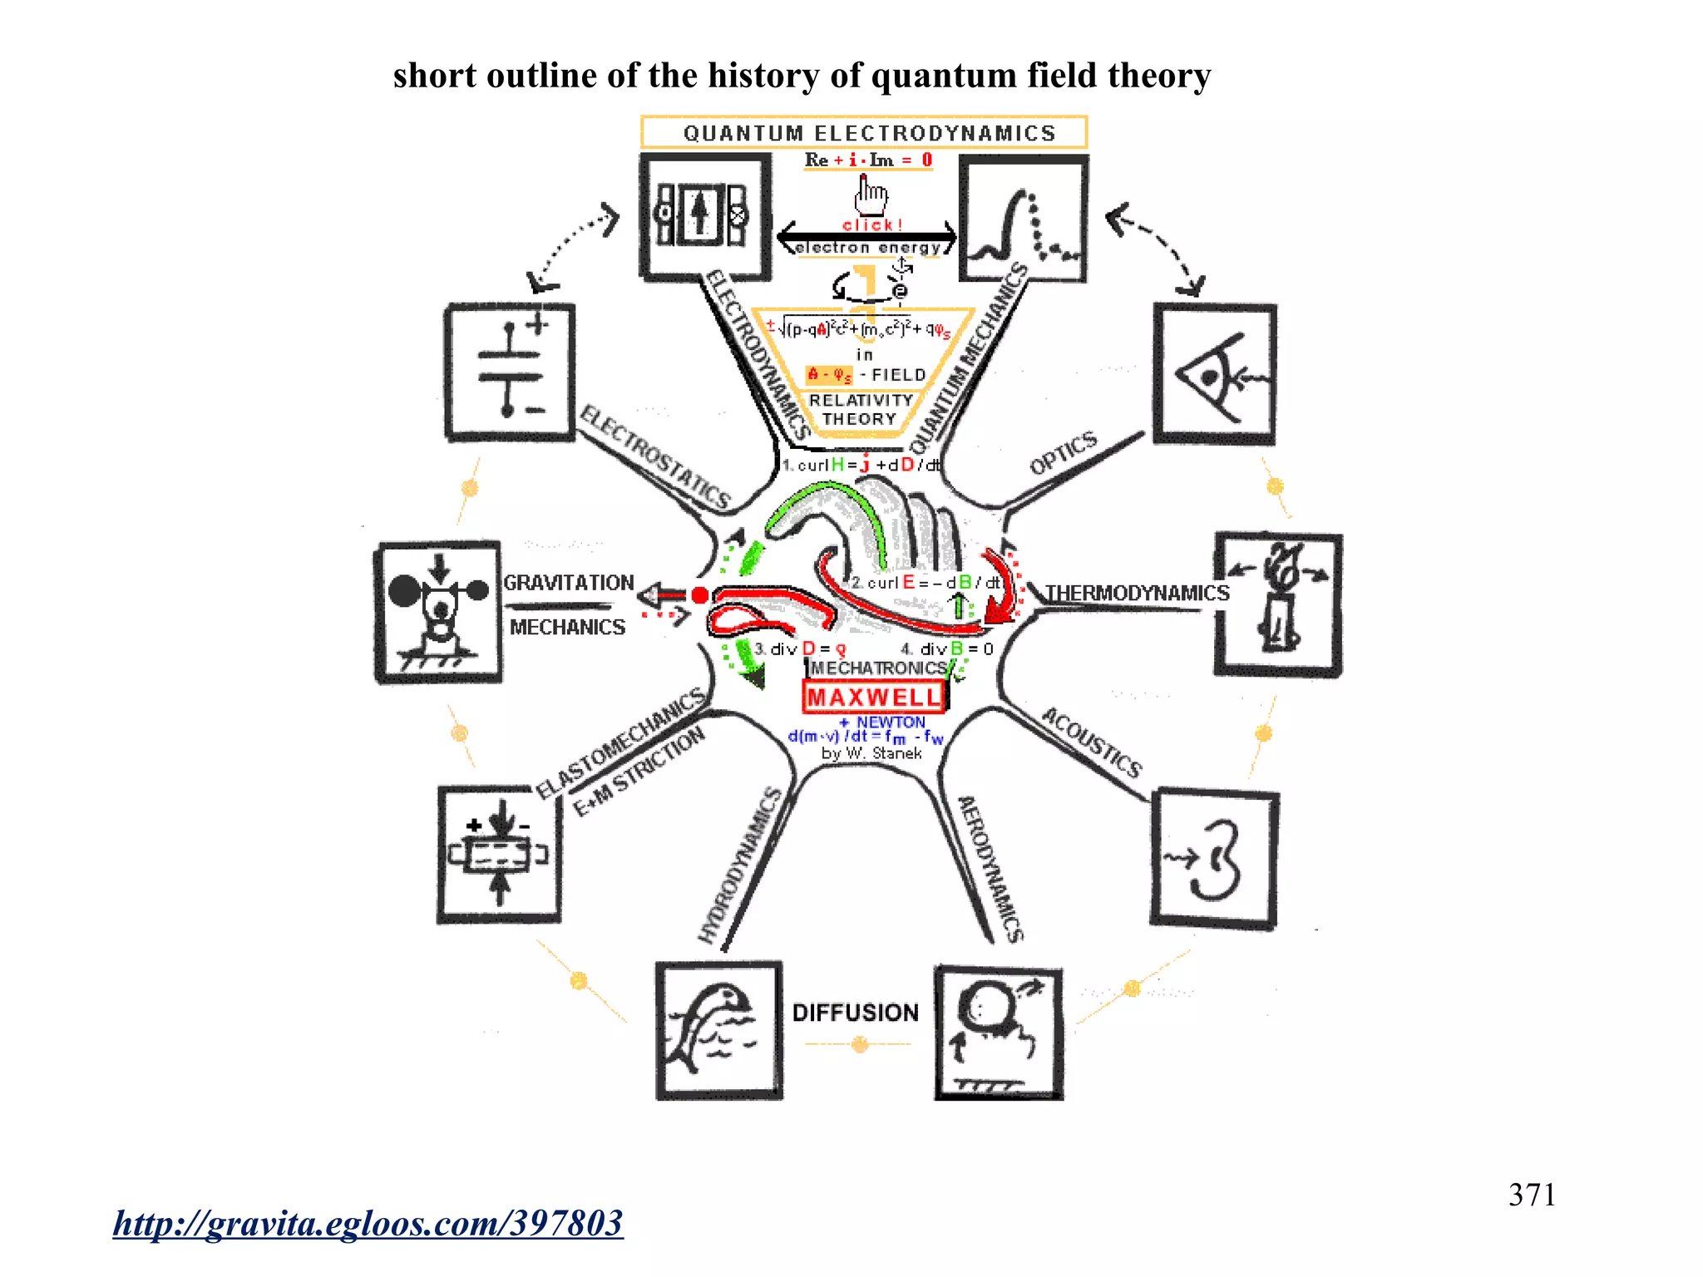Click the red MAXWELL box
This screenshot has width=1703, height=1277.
874,697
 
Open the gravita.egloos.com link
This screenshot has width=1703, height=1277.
368,1223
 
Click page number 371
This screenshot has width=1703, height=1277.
1532,1195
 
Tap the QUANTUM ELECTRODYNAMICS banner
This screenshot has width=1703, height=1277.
864,133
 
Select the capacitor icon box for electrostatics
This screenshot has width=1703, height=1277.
510,372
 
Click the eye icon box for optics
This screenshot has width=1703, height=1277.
1215,374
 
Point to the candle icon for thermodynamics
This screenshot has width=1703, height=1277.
1278,604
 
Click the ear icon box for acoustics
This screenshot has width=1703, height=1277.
1214,858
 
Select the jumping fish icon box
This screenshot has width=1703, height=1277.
718,1030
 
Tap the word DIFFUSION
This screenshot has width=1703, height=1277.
855,1013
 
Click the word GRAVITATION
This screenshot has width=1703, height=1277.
569,583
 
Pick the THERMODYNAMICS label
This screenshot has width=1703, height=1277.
1137,593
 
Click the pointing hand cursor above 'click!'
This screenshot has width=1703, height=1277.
870,195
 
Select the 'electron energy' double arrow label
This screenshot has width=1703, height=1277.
867,247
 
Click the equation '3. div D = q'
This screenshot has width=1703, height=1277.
800,648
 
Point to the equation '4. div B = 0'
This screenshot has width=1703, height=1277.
947,648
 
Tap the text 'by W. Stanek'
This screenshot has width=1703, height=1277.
871,753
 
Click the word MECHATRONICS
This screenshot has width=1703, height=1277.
878,668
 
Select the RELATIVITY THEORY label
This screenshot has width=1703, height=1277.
861,410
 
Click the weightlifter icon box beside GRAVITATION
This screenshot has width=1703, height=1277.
438,612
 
